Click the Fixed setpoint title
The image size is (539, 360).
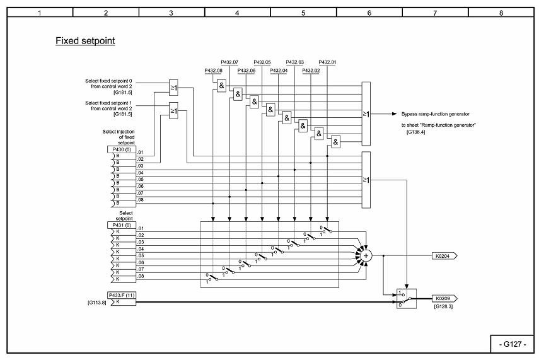pyautogui.click(x=85, y=41)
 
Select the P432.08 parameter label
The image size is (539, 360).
pyautogui.click(x=213, y=71)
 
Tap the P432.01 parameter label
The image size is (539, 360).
pyautogui.click(x=327, y=62)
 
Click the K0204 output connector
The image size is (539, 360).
pyautogui.click(x=444, y=256)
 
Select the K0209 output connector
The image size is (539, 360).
pyautogui.click(x=444, y=298)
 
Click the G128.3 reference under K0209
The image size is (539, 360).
pyautogui.click(x=444, y=306)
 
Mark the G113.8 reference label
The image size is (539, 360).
pyautogui.click(x=96, y=303)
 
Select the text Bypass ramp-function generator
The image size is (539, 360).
pyautogui.click(x=436, y=114)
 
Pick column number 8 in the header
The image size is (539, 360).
pyautogui.click(x=501, y=12)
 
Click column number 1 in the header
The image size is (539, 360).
pyautogui.click(x=40, y=12)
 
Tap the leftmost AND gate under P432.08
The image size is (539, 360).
pyautogui.click(x=221, y=86)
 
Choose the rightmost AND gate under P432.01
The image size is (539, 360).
pyautogui.click(x=335, y=142)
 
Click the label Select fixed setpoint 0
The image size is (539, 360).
pyautogui.click(x=113, y=81)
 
